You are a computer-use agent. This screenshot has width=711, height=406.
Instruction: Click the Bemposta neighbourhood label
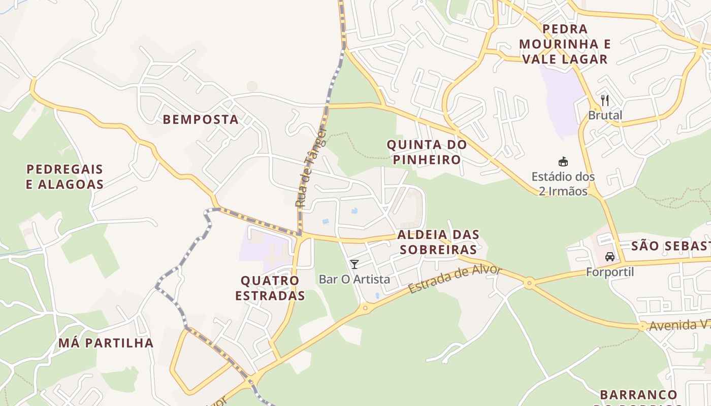coord(200,119)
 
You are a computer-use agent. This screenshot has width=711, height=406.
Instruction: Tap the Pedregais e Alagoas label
coord(64,177)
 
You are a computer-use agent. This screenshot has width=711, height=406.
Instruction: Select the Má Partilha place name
coord(106,343)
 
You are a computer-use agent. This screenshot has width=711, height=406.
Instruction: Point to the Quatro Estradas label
coord(270,288)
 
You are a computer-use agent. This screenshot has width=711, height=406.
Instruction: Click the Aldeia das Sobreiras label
coord(438,242)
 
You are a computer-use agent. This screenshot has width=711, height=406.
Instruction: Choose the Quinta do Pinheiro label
coord(427,152)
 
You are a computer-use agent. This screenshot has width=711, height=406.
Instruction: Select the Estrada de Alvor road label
coord(455,279)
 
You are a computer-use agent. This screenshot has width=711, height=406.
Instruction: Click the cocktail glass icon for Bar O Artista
coord(354,264)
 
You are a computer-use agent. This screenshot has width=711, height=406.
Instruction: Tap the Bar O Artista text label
coord(354,279)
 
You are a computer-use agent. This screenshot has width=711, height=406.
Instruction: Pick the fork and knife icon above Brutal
coord(604,99)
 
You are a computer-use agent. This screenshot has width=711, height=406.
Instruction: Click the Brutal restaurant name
coord(605,115)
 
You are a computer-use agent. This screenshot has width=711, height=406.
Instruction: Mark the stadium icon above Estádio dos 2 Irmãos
coord(563,162)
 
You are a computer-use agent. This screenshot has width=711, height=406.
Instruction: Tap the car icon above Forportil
coord(610,257)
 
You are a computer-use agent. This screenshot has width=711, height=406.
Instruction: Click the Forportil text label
coord(610,272)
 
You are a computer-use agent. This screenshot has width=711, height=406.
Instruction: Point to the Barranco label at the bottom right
coord(638,395)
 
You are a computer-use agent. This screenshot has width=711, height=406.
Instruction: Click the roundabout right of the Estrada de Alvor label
coord(529,283)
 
